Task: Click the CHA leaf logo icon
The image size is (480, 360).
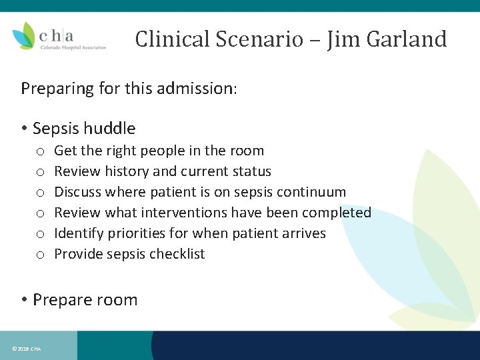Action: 24,35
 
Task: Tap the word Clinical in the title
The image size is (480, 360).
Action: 171,39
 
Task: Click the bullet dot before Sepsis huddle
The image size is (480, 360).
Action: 24,129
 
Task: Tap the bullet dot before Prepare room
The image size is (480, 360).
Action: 24,300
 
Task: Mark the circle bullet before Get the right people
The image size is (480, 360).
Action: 40,151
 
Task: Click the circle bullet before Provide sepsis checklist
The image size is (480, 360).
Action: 40,255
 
